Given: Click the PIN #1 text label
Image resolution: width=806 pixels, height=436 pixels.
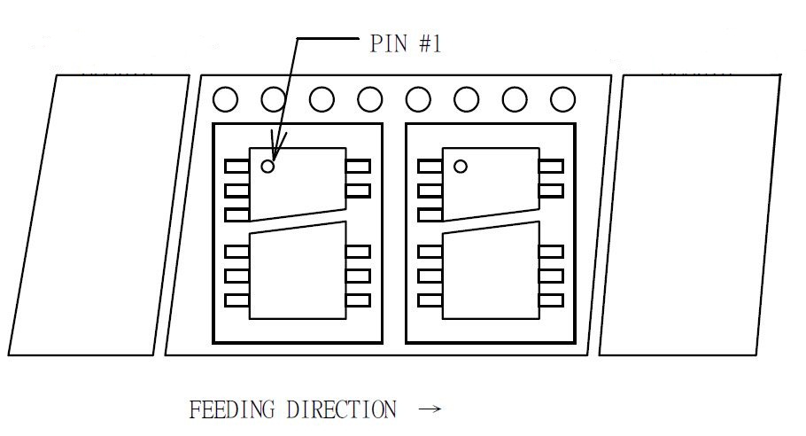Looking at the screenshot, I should tap(405, 44).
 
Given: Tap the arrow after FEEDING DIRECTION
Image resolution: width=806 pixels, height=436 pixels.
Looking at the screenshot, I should tap(429, 409).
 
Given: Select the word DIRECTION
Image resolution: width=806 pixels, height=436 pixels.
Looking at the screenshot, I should tap(341, 409).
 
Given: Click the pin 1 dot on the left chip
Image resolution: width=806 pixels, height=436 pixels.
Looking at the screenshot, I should tap(267, 165).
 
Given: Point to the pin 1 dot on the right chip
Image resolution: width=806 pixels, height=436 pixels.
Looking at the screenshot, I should tap(460, 165).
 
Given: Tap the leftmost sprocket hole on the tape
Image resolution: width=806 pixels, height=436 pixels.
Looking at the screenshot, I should tap(226, 99).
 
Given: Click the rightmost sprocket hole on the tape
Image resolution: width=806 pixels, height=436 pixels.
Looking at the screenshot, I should tap(562, 99).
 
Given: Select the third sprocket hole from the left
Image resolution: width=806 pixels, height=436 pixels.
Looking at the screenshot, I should tap(322, 99).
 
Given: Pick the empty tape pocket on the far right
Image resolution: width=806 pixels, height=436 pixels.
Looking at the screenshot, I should tap(690, 215).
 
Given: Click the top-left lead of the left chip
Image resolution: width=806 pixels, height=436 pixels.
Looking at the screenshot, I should tap(236, 166).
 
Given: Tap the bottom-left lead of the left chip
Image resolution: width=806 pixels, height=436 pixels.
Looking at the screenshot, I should tap(236, 300).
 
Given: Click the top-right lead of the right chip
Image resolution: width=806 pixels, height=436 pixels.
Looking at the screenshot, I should tap(551, 166).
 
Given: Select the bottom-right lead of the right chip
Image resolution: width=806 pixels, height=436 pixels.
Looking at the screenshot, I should tap(551, 300).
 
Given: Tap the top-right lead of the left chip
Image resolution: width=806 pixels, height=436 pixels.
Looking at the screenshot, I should tap(358, 166).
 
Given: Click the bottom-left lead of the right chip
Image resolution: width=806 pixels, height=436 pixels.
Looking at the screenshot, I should tap(430, 300).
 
